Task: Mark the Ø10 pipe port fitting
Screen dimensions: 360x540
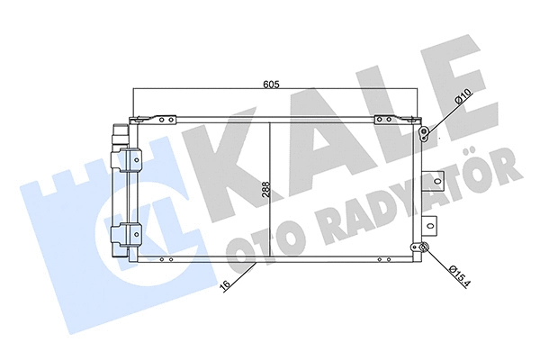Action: click(x=424, y=136)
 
